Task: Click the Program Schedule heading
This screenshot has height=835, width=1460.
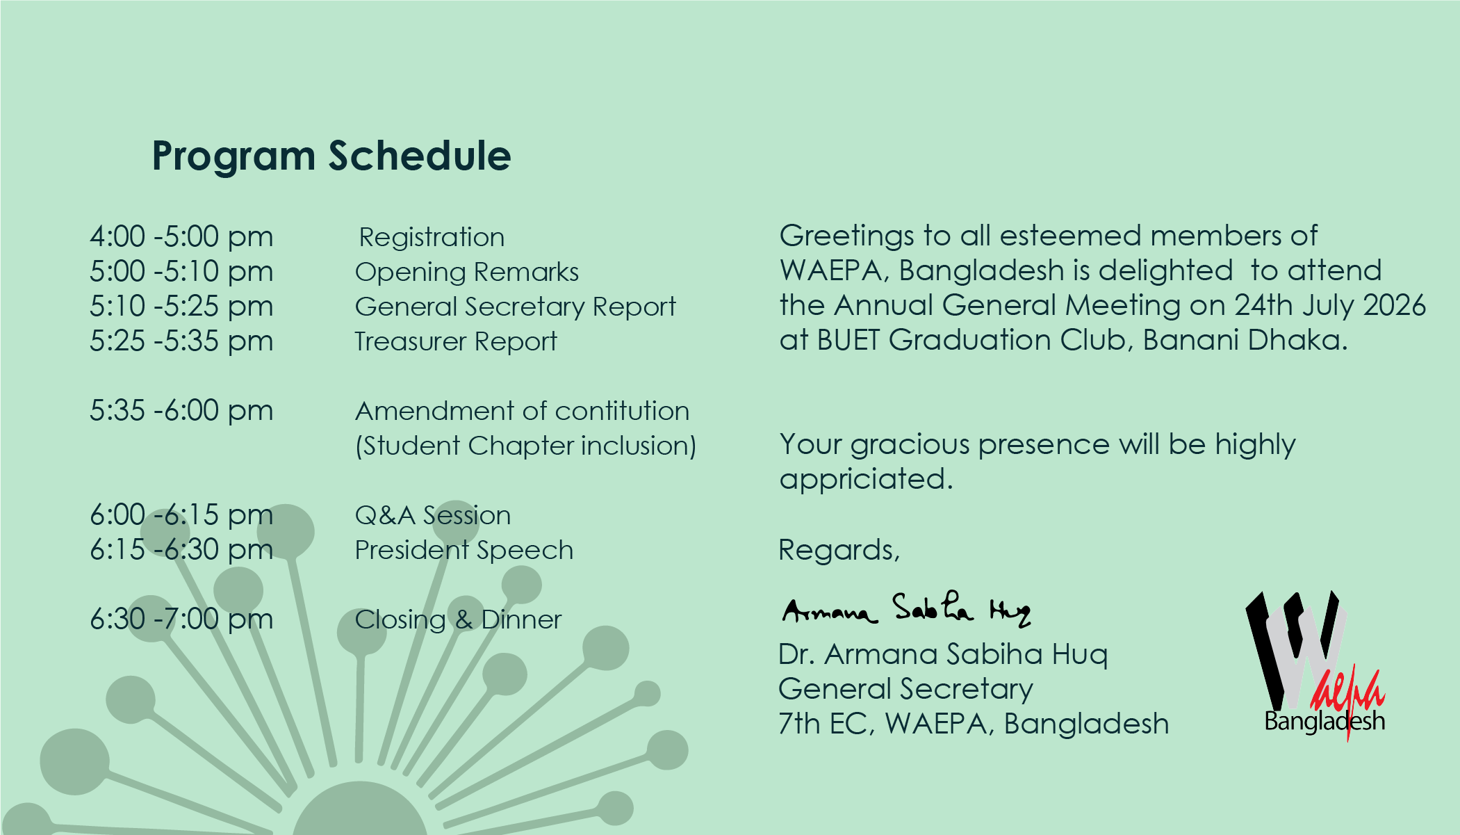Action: (331, 156)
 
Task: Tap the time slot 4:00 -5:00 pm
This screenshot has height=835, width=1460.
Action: (181, 237)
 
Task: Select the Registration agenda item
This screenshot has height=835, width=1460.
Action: (432, 238)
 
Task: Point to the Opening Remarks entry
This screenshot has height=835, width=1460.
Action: (466, 273)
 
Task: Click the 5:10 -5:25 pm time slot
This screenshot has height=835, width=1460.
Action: (181, 307)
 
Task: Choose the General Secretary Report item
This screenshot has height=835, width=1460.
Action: (515, 307)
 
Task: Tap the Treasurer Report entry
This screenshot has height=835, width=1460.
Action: (456, 341)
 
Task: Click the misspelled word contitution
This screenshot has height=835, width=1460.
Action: (622, 411)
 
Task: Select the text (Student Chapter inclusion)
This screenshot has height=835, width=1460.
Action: (525, 446)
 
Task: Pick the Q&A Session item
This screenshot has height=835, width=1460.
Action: (433, 515)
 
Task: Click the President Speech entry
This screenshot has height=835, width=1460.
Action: (464, 551)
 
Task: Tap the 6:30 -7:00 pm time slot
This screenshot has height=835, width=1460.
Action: (181, 619)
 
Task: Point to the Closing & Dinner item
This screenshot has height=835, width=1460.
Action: (458, 619)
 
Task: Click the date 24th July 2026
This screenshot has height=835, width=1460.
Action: (1330, 306)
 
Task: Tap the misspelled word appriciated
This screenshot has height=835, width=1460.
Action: (866, 480)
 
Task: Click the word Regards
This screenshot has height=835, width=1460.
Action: (839, 550)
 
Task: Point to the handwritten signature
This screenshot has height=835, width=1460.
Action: (906, 610)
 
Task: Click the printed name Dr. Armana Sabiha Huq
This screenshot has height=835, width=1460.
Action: (943, 654)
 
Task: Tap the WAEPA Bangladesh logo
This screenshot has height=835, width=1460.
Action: (1315, 664)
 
